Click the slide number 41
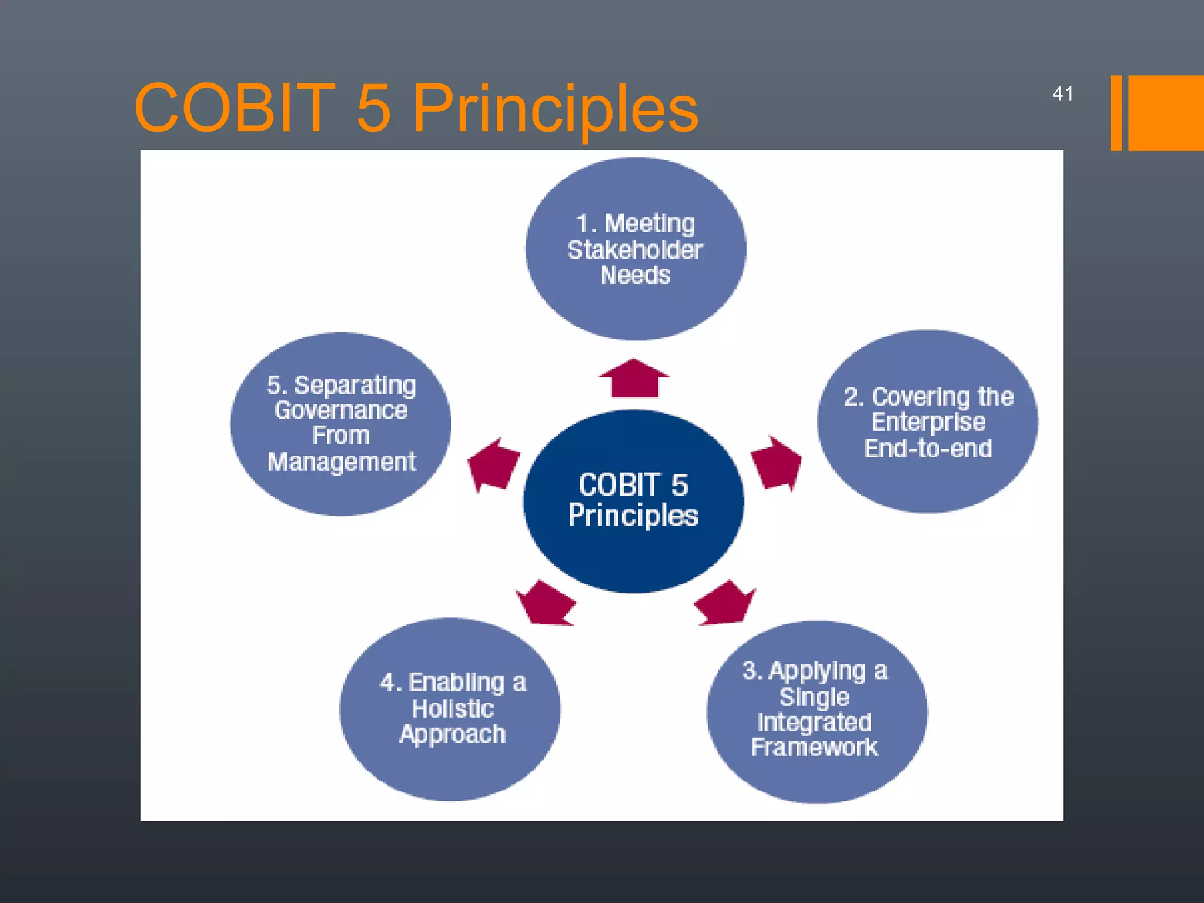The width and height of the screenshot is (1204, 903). [x=1062, y=93]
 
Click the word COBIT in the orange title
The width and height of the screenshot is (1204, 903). [x=235, y=108]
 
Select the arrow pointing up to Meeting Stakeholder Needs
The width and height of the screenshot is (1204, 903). [x=634, y=379]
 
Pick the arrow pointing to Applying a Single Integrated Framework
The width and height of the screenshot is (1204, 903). [x=725, y=603]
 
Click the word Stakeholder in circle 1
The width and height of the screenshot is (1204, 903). [x=635, y=250]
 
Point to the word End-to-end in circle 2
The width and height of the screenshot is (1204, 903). [x=928, y=449]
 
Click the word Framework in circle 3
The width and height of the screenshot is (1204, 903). [x=814, y=747]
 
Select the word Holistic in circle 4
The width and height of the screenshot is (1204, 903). [x=453, y=708]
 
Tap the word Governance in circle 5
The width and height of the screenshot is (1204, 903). [x=340, y=410]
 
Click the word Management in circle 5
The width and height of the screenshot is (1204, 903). [x=342, y=462]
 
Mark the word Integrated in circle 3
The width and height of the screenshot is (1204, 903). [x=814, y=722]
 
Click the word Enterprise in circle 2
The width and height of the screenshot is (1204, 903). [x=928, y=422]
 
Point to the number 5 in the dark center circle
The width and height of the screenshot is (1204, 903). [x=680, y=485]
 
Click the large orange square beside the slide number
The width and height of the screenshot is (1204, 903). [x=1166, y=113]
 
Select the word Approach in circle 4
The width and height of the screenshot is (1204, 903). [x=452, y=734]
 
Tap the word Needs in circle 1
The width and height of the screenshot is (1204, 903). [x=636, y=276]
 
